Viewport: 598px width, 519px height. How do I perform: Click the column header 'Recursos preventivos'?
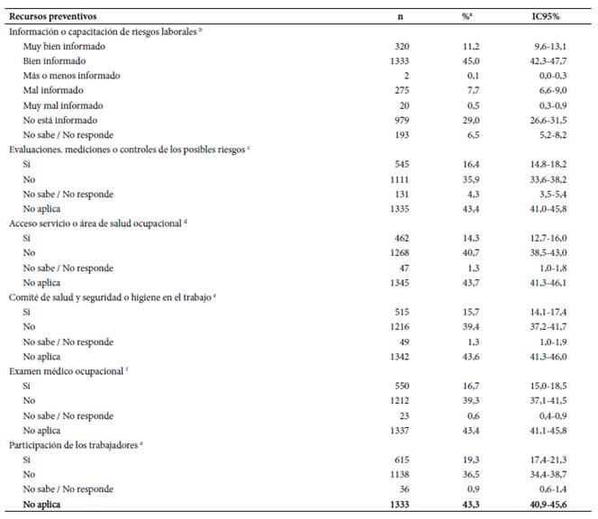coord(52,16)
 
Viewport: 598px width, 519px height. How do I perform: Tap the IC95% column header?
coord(546,16)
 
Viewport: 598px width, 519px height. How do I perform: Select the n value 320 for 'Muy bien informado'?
coord(402,46)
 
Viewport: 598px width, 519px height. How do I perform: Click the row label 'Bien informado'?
coord(54,61)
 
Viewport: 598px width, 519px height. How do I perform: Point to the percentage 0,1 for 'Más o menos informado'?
coord(474,76)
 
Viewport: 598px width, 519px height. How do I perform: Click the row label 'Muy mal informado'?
coord(63,105)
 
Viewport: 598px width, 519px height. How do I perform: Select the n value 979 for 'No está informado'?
coord(402,120)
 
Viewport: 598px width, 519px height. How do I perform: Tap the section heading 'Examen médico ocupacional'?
coord(66,371)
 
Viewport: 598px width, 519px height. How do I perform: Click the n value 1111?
coord(399,179)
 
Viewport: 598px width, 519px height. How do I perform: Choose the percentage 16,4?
coord(471,165)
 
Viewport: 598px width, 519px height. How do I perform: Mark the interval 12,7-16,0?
coord(548,238)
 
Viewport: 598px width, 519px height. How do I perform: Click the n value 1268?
coord(399,252)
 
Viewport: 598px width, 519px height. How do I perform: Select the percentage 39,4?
coord(471,327)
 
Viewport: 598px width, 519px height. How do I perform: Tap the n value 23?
coord(404,415)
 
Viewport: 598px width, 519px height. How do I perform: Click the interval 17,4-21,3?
coord(548,460)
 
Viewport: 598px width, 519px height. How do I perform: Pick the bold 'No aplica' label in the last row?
coord(41,505)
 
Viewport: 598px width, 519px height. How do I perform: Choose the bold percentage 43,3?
coord(471,505)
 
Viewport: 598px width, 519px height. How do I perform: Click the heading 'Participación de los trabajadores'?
coord(73,445)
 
